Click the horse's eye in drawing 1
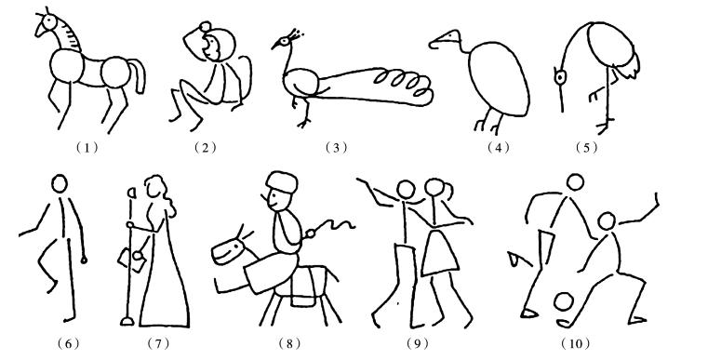pyautogui.click(x=49, y=21)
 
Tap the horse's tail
pyautogui.click(x=139, y=75)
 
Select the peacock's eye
pyautogui.click(x=284, y=41)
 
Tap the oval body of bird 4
pyautogui.click(x=499, y=79)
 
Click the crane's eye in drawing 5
pyautogui.click(x=560, y=77)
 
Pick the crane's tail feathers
pyautogui.click(x=629, y=66)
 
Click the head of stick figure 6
pyautogui.click(x=60, y=183)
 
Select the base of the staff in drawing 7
pyautogui.click(x=127, y=321)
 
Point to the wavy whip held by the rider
pyautogui.click(x=333, y=227)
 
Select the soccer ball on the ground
pyautogui.click(x=563, y=302)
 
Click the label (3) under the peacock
pyautogui.click(x=336, y=148)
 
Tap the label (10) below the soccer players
pyautogui.click(x=575, y=343)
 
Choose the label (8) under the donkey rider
pyautogui.click(x=289, y=343)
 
